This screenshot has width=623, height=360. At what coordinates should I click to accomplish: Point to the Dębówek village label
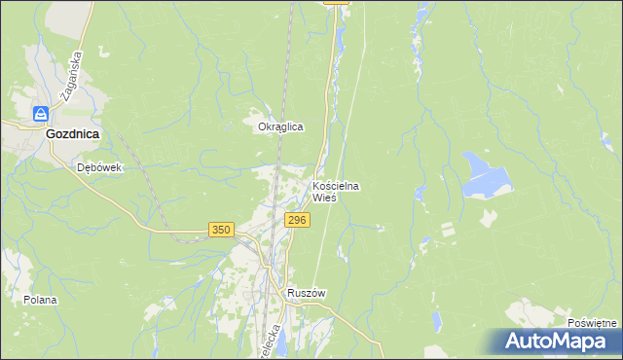tap(99, 167)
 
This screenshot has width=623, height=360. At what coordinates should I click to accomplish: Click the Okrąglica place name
tap(280, 127)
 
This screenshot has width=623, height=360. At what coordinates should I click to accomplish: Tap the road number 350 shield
tap(221, 230)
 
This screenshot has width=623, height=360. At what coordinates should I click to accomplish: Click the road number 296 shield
tap(297, 221)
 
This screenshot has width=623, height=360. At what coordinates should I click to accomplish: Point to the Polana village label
tap(41, 300)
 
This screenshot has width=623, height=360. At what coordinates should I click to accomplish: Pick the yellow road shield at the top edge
tap(335, 3)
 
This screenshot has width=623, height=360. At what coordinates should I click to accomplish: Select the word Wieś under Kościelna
tap(324, 198)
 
